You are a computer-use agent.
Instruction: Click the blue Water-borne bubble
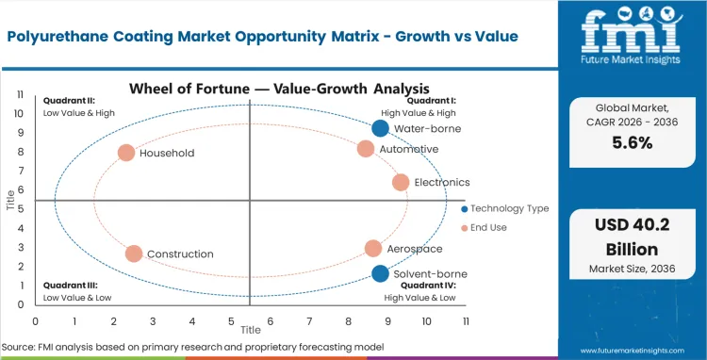[x=380, y=128]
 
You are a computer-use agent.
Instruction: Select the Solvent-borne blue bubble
[x=380, y=273]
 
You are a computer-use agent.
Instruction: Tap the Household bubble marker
[x=126, y=153]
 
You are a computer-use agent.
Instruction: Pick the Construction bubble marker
[x=134, y=254]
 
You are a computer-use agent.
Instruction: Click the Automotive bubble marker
[x=366, y=149]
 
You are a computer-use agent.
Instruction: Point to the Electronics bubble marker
[x=401, y=182]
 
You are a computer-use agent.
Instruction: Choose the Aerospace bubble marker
[x=373, y=249]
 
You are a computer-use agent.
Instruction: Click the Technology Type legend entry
[x=503, y=208]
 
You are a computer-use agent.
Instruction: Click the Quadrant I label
[x=431, y=100]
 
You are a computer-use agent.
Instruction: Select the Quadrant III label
[x=72, y=285]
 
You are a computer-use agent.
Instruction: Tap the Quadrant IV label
[x=429, y=285]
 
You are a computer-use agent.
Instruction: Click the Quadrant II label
[x=72, y=100]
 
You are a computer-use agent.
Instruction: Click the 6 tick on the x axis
[x=271, y=320]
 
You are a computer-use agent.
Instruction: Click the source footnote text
[x=193, y=347]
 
